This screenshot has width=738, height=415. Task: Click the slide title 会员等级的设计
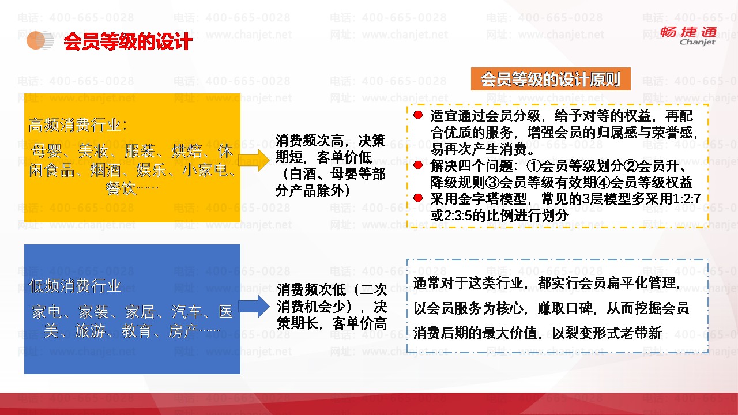pos(128,41)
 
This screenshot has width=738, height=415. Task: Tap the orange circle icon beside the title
pos(36,40)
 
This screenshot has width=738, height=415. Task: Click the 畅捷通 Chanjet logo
pos(688,36)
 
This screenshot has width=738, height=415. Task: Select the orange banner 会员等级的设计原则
pos(551,79)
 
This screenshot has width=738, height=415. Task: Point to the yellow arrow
pos(254,160)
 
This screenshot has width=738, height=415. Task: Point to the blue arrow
pos(254,306)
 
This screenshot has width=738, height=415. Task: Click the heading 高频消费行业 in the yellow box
pos(78,125)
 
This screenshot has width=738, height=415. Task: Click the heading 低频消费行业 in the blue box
pos(75,285)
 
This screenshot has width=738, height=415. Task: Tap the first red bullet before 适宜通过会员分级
pos(418,115)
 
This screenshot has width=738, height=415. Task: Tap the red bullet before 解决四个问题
pos(418,165)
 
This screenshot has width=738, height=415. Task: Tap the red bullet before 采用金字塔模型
pos(418,198)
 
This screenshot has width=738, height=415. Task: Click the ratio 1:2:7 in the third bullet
pos(687,199)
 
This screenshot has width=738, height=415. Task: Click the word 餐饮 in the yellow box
pos(121,188)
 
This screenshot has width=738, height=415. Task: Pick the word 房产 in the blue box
pos(183,331)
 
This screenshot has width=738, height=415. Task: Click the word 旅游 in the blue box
pos(90,331)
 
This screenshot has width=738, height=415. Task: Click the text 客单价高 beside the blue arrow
pos(359,323)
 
